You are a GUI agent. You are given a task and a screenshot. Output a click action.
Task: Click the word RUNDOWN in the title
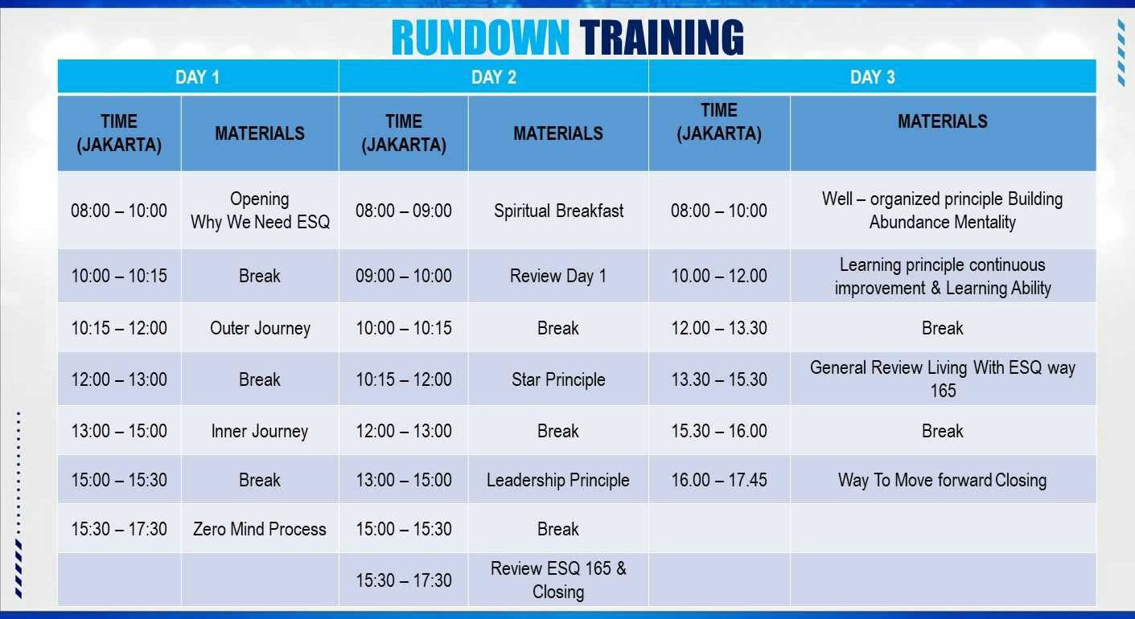[x=480, y=38]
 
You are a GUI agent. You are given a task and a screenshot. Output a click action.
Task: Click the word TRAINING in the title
[x=662, y=38]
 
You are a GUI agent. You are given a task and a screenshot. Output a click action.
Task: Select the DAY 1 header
[x=198, y=77]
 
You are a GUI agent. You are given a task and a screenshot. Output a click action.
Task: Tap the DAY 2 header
[x=494, y=77]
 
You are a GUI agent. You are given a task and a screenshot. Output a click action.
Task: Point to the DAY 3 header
[x=873, y=77]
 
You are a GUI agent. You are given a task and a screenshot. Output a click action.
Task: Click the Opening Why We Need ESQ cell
[x=260, y=211]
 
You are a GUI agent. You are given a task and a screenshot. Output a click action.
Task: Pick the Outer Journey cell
[x=260, y=328]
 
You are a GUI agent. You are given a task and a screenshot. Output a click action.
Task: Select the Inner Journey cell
[x=260, y=431]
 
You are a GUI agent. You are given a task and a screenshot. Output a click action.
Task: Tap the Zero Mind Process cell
[x=260, y=529]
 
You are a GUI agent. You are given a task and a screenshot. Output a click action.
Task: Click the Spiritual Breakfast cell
[x=558, y=211]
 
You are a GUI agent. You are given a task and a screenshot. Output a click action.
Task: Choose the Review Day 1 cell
[x=558, y=276]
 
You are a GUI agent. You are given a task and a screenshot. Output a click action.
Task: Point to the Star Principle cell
[x=558, y=379]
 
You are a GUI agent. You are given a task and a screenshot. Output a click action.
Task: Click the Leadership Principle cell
[x=558, y=480]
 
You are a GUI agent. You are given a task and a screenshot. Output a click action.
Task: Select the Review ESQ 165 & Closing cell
[x=558, y=580]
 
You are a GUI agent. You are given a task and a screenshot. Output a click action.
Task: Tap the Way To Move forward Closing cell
[x=943, y=480]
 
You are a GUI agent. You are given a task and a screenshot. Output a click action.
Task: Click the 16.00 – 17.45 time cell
[x=719, y=480]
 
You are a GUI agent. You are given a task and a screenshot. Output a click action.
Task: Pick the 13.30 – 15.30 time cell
[x=719, y=379]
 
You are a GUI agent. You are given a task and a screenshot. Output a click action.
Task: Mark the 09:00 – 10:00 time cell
[x=404, y=276]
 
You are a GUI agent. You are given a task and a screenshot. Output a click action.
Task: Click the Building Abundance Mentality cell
[x=943, y=211]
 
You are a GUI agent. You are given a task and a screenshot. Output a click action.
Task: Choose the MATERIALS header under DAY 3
[x=943, y=121]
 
